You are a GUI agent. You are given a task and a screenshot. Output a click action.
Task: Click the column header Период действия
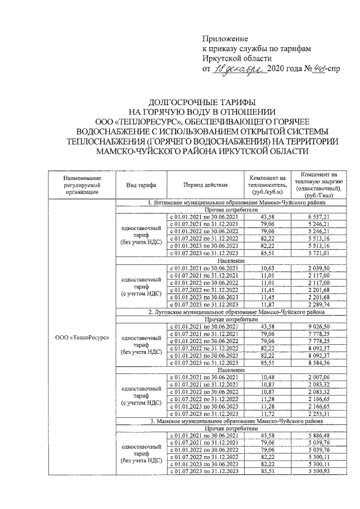[205, 184]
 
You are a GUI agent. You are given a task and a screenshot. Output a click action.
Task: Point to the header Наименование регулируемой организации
[82, 184]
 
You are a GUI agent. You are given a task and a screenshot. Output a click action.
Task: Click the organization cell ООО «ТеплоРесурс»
[82, 337]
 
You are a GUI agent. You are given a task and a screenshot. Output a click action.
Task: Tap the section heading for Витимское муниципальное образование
[236, 202]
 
